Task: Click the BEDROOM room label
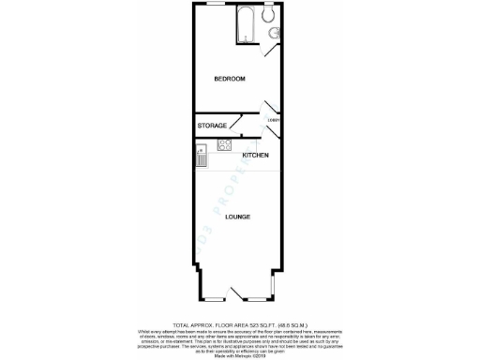[x=229, y=78]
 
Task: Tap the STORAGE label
[x=212, y=125]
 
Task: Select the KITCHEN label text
[x=256, y=155]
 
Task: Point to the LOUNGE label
[x=238, y=217]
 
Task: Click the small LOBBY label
[x=274, y=120]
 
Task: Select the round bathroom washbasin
[x=273, y=35]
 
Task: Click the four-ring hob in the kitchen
[x=224, y=144]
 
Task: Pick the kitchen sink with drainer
[x=202, y=154]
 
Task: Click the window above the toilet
[x=269, y=4]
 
